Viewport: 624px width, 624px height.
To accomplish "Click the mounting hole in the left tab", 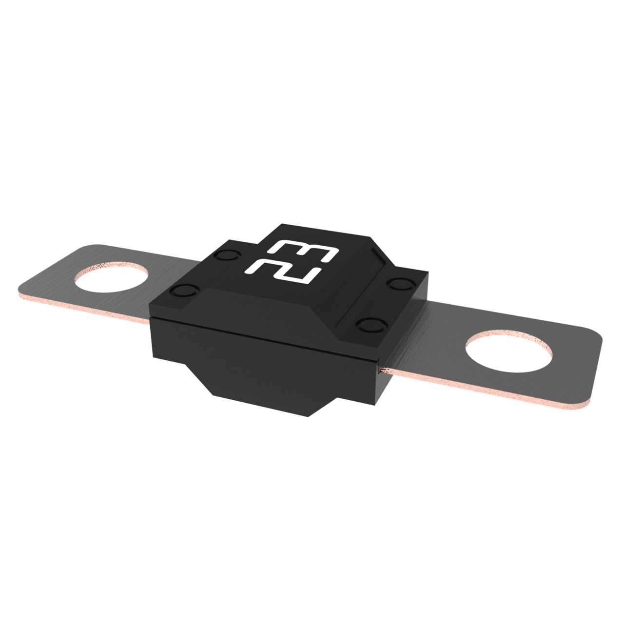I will pos(111,277).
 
